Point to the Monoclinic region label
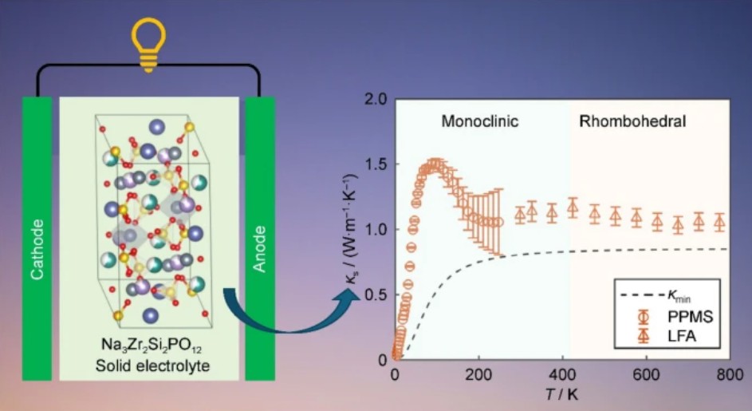480,122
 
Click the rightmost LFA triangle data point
719,223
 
